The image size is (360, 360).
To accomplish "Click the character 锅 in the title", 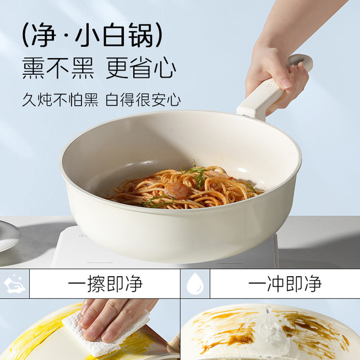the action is tap(141, 35).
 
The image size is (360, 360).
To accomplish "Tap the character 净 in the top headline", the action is tap(44, 35).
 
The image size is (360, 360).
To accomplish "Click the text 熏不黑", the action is tap(58, 68).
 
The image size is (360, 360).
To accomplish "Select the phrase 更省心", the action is tap(141, 68).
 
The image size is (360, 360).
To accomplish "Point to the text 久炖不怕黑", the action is tap(60, 100).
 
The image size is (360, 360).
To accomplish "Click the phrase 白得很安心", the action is tap(143, 100).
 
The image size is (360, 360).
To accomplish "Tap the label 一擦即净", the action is tap(105, 283).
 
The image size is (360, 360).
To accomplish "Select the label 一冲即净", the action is tap(285, 283).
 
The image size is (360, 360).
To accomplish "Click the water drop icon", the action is tap(195, 283).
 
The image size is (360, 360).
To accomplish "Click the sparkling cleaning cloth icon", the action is tap(15, 283).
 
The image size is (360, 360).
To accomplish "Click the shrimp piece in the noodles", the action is tap(176, 190).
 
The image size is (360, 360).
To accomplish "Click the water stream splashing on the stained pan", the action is tap(269, 321).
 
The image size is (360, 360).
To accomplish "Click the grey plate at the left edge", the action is tap(9, 235).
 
